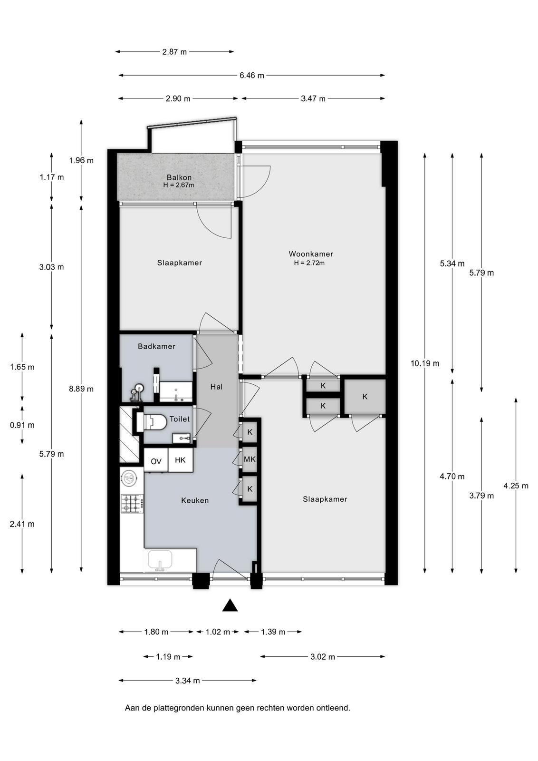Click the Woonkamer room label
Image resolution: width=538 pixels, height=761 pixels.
click(310, 254)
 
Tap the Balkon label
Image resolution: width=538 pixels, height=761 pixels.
click(179, 177)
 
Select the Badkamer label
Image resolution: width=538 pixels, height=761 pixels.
click(156, 346)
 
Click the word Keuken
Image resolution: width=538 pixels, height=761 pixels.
click(195, 500)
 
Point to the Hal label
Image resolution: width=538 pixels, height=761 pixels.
click(216, 387)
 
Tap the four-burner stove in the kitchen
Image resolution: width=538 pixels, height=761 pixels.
click(133, 504)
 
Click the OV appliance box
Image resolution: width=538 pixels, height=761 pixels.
click(156, 460)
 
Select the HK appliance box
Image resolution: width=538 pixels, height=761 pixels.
click(181, 460)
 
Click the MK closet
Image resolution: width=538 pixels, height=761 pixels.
click(250, 459)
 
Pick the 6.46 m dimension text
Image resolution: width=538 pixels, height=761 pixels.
click(251, 76)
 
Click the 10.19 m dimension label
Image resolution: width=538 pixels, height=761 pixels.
click(424, 363)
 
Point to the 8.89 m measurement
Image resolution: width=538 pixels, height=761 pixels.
click(81, 389)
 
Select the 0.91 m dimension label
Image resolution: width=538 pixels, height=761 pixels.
click(22, 425)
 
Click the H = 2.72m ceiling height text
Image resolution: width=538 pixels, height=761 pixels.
click(309, 263)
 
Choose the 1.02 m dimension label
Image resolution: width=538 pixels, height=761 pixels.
click(218, 632)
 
